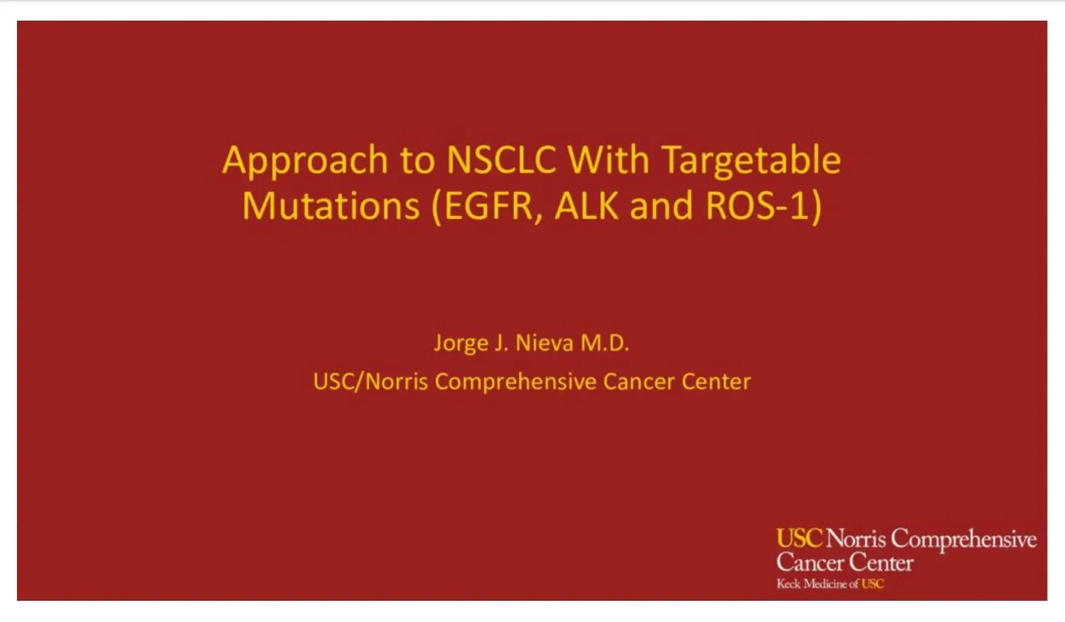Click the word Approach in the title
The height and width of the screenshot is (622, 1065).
click(305, 161)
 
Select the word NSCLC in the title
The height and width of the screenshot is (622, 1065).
click(500, 160)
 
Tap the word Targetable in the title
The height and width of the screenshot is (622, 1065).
click(751, 161)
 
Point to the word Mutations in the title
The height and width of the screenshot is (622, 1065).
click(331, 206)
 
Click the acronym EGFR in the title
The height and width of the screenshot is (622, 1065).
click(490, 206)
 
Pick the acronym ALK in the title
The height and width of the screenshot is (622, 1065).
click(586, 206)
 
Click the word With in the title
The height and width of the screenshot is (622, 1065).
click(608, 160)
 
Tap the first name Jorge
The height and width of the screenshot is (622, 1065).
click(461, 344)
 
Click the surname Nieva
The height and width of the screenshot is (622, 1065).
click(544, 343)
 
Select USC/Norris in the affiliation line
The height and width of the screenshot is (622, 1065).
click(370, 381)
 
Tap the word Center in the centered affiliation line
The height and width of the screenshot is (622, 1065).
click(716, 381)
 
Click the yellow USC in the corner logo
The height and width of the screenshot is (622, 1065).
click(799, 538)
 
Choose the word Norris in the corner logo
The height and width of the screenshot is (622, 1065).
click(856, 538)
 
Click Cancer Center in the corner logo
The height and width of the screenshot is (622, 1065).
click(844, 563)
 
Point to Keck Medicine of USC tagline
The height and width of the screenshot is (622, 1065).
click(830, 584)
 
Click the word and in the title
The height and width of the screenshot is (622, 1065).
click(661, 206)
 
